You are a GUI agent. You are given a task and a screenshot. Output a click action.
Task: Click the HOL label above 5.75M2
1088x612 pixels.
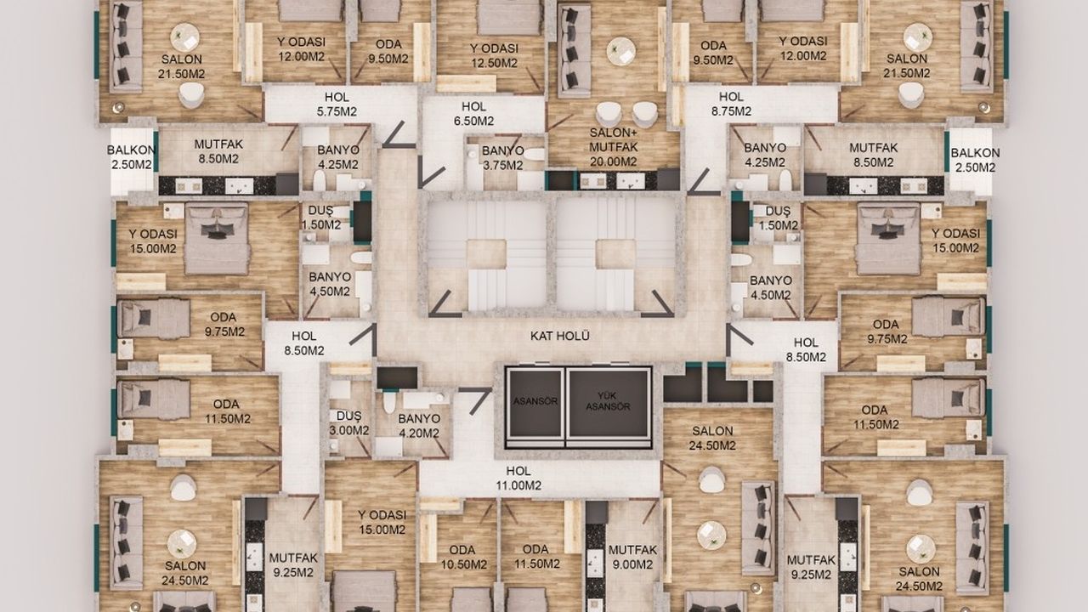tap(337, 97)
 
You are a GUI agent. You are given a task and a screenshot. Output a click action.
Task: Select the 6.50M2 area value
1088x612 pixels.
tap(473, 121)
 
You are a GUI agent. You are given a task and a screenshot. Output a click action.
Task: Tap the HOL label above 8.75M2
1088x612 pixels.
tap(731, 97)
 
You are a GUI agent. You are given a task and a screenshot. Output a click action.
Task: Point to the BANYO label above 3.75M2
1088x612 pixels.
tap(502, 151)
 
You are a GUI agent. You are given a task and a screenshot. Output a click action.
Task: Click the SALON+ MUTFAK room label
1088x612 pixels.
tap(613, 139)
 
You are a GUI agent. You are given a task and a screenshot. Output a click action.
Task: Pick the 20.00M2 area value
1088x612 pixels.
tap(613, 161)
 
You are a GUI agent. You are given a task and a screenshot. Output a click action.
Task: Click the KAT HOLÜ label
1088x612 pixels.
tap(559, 336)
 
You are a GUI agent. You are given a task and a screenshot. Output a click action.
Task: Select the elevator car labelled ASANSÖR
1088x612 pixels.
tap(535, 402)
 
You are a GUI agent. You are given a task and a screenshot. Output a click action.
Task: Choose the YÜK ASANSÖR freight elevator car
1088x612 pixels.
tap(608, 402)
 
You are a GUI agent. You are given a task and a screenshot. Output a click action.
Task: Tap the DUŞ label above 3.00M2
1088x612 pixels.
tap(348, 416)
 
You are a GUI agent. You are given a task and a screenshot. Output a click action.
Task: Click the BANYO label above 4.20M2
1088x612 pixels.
tap(419, 419)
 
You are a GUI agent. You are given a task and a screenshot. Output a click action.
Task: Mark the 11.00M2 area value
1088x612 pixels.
tap(518, 485)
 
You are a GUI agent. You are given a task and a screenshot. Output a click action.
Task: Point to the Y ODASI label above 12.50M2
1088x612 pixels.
tap(494, 48)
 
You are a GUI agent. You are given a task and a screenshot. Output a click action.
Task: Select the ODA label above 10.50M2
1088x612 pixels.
tap(462, 550)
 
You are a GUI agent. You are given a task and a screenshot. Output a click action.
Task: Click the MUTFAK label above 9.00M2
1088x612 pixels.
tap(632, 550)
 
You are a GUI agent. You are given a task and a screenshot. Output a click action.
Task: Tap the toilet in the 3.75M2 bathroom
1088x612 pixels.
tap(534, 155)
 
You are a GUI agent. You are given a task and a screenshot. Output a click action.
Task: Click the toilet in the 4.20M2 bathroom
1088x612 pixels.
tap(389, 403)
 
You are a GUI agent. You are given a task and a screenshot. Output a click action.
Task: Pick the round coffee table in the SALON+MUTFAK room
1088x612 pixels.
tap(621, 50)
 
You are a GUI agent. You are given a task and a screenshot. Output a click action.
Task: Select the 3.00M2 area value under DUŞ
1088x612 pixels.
tap(348, 430)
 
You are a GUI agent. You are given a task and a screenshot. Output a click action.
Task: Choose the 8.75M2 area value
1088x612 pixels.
tap(731, 111)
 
